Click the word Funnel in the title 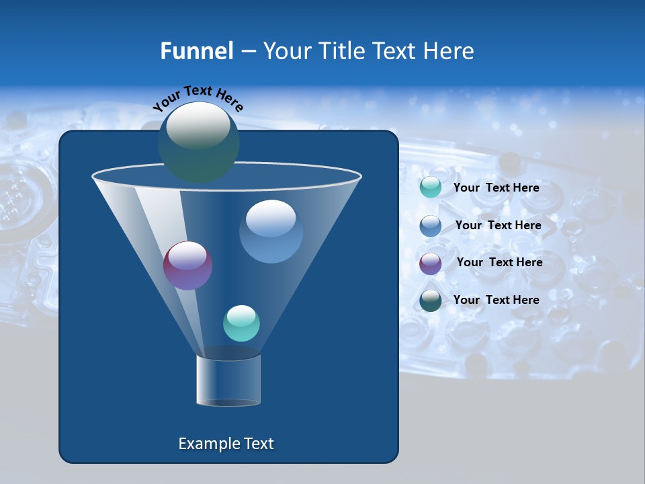pos(196,50)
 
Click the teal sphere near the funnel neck pos(241,324)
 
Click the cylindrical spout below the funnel pos(228,380)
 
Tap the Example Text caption pos(226,444)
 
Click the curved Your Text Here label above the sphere pos(198,97)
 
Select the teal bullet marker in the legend pos(431,188)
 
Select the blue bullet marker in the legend pos(431,225)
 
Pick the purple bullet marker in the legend pos(431,263)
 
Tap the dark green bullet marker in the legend pos(431,300)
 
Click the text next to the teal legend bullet pos(496,188)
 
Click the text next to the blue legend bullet pos(498,225)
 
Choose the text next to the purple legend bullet pos(499,262)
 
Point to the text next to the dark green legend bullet pos(496,300)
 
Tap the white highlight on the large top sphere pos(198,126)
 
